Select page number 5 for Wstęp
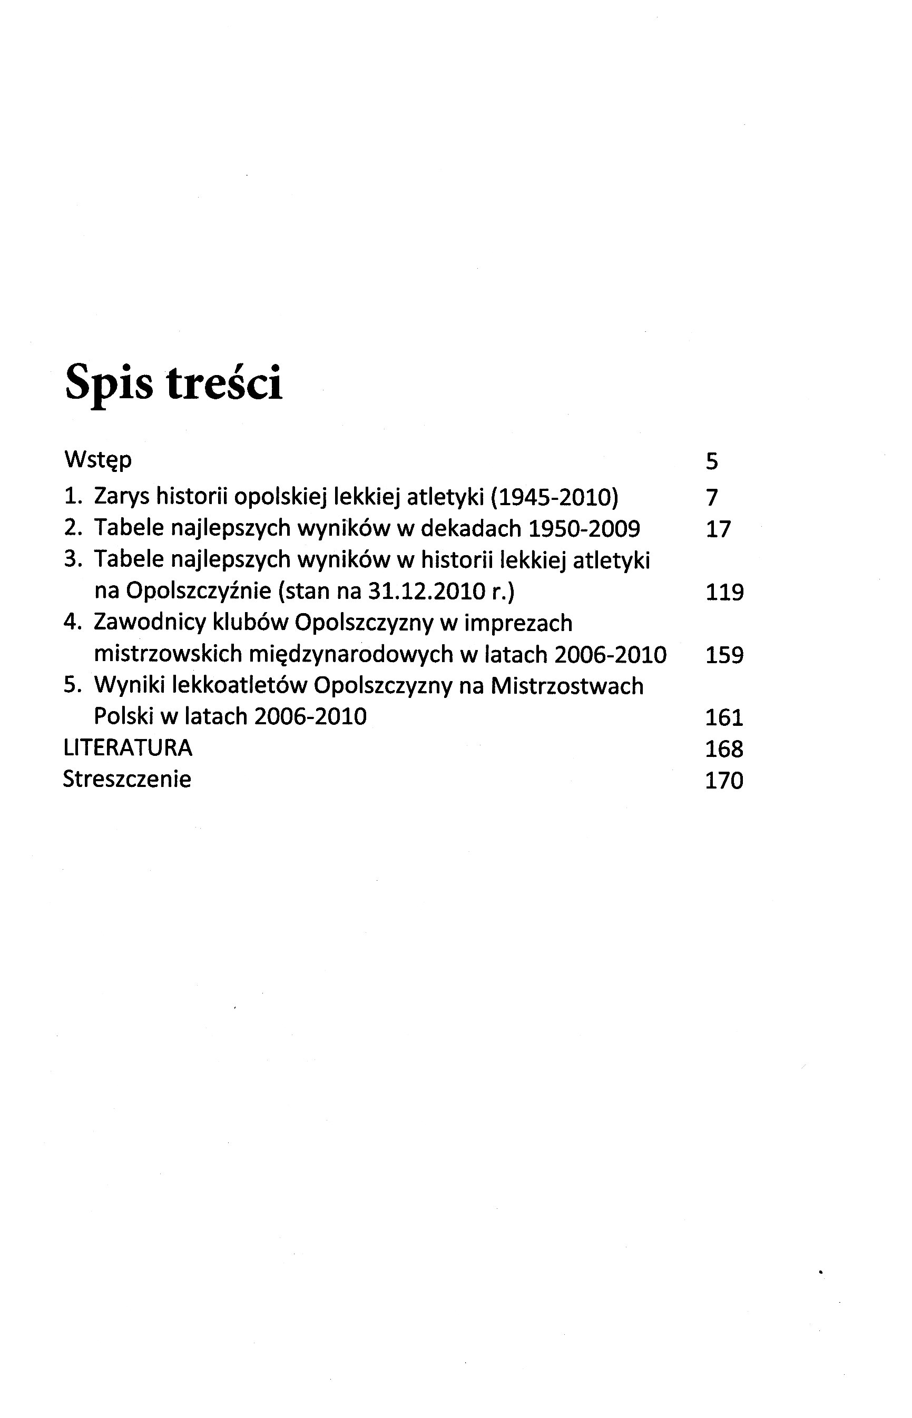point(712,461)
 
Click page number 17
point(718,529)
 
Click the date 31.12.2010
point(422,591)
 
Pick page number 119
point(724,592)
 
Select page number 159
point(724,655)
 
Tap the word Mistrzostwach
point(567,686)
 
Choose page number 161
point(724,717)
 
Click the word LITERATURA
point(128,748)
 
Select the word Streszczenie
point(128,779)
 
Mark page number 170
point(724,780)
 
